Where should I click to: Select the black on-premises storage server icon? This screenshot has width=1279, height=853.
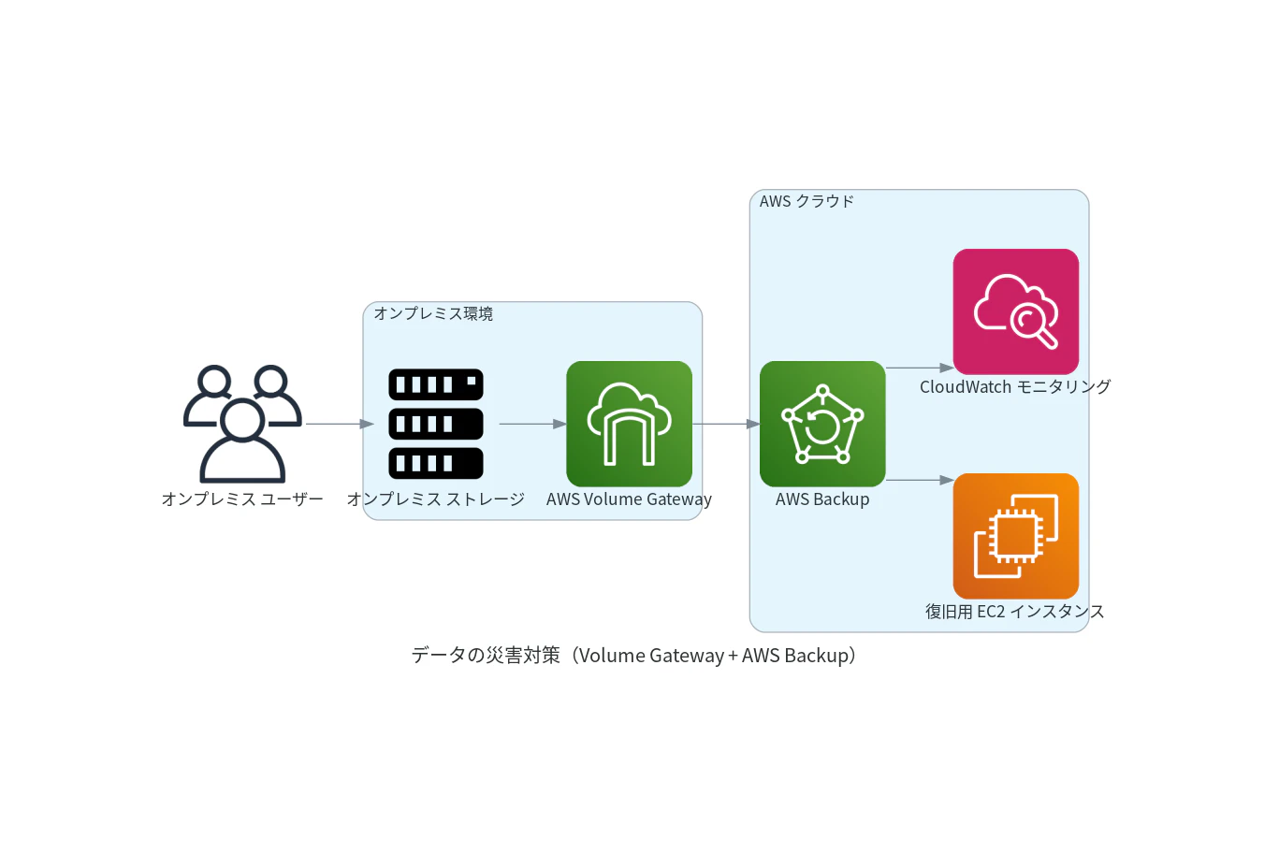click(x=436, y=424)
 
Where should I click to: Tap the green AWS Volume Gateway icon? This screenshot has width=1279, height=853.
click(x=630, y=424)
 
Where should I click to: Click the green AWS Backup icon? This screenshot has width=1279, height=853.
click(x=822, y=424)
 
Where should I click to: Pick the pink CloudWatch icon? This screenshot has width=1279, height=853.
click(x=1016, y=311)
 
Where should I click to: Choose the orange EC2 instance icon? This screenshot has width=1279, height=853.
click(x=1016, y=536)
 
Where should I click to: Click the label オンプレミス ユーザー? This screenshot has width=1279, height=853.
click(x=242, y=499)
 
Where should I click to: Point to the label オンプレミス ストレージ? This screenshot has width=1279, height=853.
click(x=436, y=499)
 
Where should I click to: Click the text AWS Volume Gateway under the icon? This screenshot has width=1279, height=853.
click(x=630, y=499)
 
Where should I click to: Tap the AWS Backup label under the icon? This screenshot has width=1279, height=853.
click(x=822, y=499)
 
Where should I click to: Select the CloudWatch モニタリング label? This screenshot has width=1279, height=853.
click(x=1015, y=387)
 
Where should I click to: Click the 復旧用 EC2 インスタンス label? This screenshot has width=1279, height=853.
click(x=1015, y=612)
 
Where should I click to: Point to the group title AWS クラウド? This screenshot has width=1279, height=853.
click(x=807, y=201)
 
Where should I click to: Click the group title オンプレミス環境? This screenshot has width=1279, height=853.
click(x=433, y=313)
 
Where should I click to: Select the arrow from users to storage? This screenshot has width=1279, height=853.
click(x=340, y=424)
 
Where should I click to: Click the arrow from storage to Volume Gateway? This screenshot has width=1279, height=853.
click(x=532, y=424)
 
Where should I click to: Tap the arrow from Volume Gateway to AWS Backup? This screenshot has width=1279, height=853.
click(x=726, y=424)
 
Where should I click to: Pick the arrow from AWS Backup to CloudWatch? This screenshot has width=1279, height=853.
click(x=920, y=368)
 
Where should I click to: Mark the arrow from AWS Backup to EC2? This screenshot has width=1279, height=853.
click(x=920, y=480)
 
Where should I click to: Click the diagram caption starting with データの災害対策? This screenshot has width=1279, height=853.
click(x=633, y=655)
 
